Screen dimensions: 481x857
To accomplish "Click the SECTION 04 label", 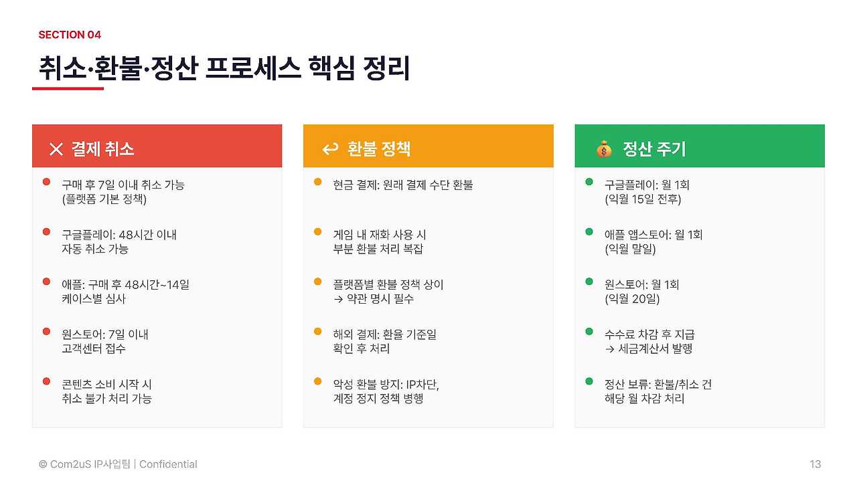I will pyautogui.click(x=70, y=35).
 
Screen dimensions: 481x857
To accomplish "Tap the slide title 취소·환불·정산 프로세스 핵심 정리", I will pyautogui.click(x=224, y=69).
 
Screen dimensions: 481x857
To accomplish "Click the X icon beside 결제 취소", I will pyautogui.click(x=56, y=149).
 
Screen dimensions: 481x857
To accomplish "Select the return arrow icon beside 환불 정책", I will pyautogui.click(x=330, y=149).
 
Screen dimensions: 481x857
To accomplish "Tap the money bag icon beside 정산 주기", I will pyautogui.click(x=604, y=149).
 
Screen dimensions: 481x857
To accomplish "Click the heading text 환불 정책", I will pyautogui.click(x=378, y=149).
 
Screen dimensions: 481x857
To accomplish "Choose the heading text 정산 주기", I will pyautogui.click(x=653, y=149).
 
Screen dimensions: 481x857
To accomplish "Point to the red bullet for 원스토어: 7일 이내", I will pyautogui.click(x=46, y=331).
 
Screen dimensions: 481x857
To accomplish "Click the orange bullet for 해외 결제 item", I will pyautogui.click(x=317, y=331).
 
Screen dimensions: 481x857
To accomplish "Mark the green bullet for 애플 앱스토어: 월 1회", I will pyautogui.click(x=589, y=231).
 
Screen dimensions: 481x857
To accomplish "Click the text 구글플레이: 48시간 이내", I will pyautogui.click(x=119, y=235).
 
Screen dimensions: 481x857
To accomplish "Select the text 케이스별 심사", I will pyautogui.click(x=93, y=298).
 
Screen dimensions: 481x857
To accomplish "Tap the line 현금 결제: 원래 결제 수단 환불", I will pyautogui.click(x=402, y=185).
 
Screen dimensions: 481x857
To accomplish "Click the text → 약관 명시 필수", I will pyautogui.click(x=373, y=298).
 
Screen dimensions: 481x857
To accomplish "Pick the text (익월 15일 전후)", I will pyautogui.click(x=642, y=199).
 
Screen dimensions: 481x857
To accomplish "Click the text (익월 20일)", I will pyautogui.click(x=631, y=298).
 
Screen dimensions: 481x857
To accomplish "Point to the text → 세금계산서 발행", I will pyautogui.click(x=648, y=349).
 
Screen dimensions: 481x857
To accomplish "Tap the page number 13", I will pyautogui.click(x=815, y=464).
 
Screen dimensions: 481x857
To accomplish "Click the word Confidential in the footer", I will pyautogui.click(x=168, y=464).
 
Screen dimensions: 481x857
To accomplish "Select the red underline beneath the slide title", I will pyautogui.click(x=68, y=88).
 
